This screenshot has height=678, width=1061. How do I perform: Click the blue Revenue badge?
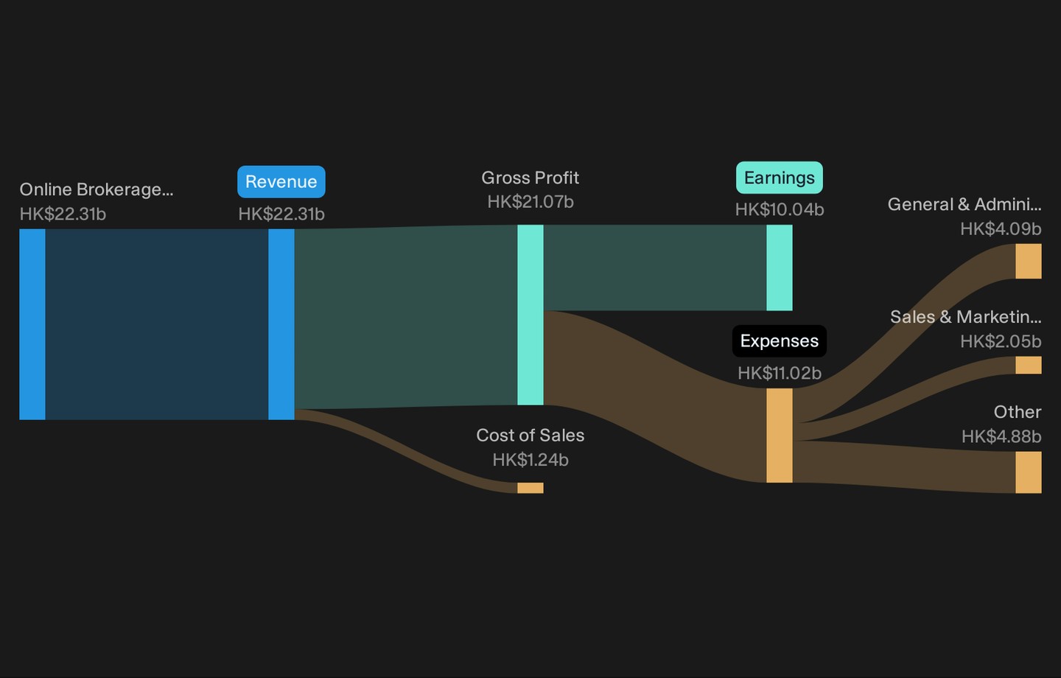pyautogui.click(x=281, y=181)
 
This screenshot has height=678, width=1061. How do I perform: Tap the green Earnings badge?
pyautogui.click(x=780, y=178)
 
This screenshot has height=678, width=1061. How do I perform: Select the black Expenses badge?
pyautogui.click(x=780, y=341)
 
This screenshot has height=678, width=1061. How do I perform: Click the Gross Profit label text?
pyautogui.click(x=530, y=178)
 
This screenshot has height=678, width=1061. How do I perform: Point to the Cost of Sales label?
pyautogui.click(x=530, y=435)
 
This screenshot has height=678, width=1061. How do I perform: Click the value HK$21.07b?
pyautogui.click(x=530, y=202)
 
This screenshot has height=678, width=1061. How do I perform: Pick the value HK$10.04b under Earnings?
pyautogui.click(x=780, y=209)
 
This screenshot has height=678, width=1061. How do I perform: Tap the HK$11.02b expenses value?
pyautogui.click(x=780, y=373)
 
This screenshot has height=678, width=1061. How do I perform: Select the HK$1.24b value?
pyautogui.click(x=530, y=460)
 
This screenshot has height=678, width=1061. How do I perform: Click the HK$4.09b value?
pyautogui.click(x=1001, y=229)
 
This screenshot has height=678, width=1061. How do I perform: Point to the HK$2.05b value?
pyautogui.click(x=1001, y=341)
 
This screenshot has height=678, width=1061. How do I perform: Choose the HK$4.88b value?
pyautogui.click(x=1001, y=436)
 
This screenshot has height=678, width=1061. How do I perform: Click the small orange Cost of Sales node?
pyautogui.click(x=530, y=488)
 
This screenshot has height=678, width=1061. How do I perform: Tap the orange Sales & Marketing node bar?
pyautogui.click(x=1029, y=366)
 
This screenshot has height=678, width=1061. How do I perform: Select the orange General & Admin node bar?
pyautogui.click(x=1029, y=261)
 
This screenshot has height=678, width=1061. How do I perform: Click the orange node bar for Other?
pyautogui.click(x=1029, y=472)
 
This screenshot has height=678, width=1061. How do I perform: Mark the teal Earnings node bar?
pyautogui.click(x=780, y=268)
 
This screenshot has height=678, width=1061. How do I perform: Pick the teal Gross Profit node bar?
pyautogui.click(x=530, y=315)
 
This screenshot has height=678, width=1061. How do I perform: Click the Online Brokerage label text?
pyautogui.click(x=96, y=189)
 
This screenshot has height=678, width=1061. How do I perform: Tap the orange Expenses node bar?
pyautogui.click(x=780, y=436)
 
